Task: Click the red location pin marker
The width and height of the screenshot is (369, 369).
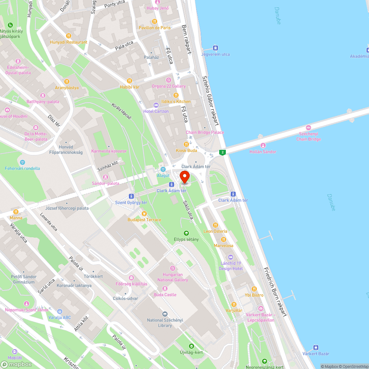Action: (x=184, y=177)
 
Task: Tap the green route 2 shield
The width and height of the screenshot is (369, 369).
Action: (x=222, y=152)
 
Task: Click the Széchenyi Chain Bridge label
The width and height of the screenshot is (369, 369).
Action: (x=308, y=137)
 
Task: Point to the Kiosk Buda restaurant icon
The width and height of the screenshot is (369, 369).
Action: (x=186, y=144)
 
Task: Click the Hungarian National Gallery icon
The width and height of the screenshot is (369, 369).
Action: (x=172, y=268)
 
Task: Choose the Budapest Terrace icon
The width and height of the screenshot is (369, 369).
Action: (x=144, y=213)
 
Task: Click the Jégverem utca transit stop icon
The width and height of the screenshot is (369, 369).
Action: (x=215, y=48)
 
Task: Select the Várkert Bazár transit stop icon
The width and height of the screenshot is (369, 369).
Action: (x=316, y=347)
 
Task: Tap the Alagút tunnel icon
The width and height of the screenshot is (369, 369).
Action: (x=163, y=169)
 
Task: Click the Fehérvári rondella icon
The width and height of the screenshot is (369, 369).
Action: (x=23, y=162)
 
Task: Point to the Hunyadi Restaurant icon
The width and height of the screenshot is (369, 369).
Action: (x=69, y=36)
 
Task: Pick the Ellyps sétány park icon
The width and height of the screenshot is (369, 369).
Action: (x=186, y=233)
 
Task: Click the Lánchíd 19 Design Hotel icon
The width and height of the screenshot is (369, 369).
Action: (x=231, y=257)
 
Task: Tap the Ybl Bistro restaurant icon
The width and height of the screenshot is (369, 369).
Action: (x=254, y=289)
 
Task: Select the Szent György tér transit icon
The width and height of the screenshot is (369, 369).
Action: (x=131, y=196)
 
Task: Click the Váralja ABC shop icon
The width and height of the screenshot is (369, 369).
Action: (x=60, y=311)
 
